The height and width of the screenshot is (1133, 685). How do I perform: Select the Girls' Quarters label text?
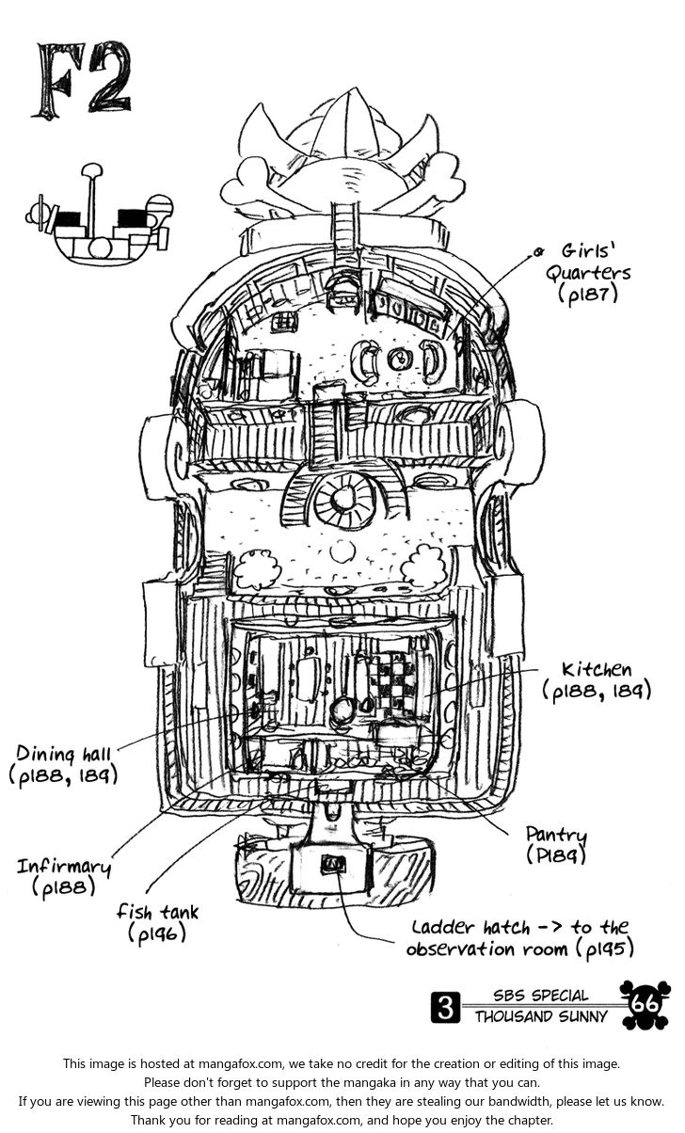point(596,263)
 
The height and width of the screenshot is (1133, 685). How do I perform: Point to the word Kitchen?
point(597,670)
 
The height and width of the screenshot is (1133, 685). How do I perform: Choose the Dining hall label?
point(64,753)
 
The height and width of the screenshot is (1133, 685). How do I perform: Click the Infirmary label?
point(63,866)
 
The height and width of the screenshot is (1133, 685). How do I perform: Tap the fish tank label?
point(158,911)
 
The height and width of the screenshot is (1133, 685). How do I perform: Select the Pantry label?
point(556,835)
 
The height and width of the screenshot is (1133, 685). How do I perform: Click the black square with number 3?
point(445,1007)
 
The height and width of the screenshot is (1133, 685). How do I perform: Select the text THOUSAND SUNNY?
point(541,1016)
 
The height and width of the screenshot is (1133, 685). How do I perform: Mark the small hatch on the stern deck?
point(331,863)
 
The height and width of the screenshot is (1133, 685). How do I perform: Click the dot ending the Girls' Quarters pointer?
point(539,251)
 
